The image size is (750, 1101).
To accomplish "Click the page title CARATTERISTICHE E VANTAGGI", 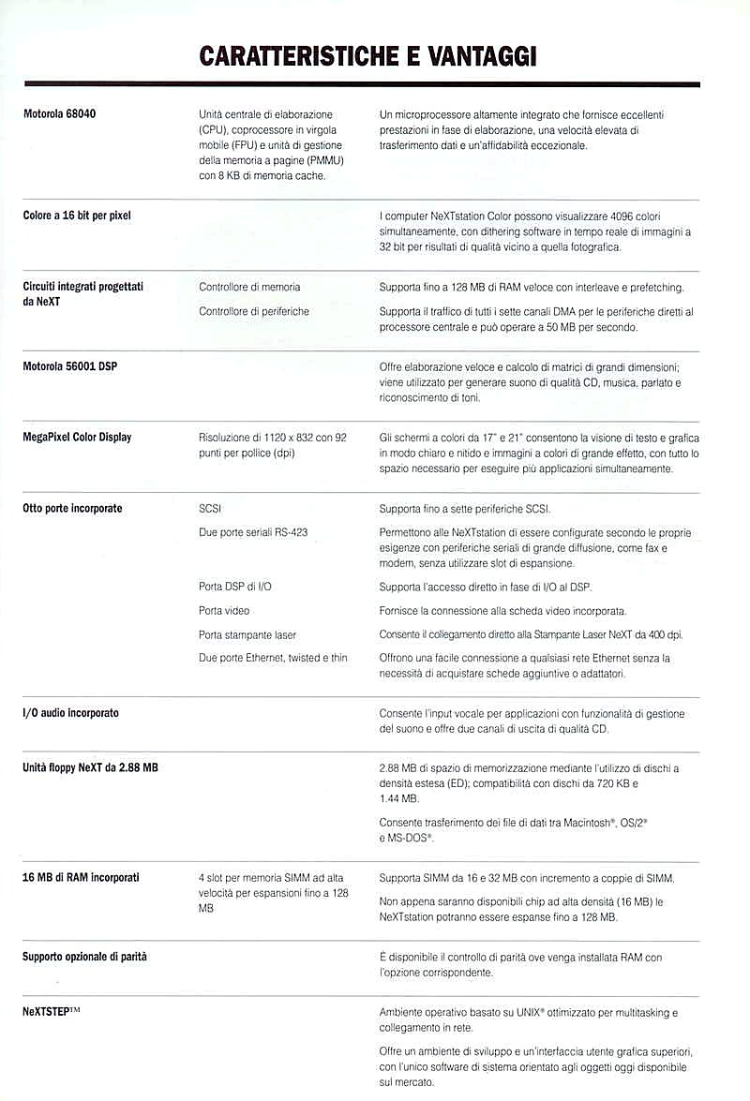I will pos(367,56).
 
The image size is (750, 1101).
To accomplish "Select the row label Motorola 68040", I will pos(60,114).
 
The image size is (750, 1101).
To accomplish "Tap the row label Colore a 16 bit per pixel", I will pos(77,216).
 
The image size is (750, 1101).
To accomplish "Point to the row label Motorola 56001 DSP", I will pos(70,366).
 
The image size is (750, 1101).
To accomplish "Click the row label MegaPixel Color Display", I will pos(77,438).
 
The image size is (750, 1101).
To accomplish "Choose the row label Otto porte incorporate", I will pos(72,509).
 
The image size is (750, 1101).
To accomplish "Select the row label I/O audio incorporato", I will pos(70,713).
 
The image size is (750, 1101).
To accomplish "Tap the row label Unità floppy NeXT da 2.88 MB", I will pos(90,767).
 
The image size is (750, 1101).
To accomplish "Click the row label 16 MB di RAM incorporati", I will pos(81,878).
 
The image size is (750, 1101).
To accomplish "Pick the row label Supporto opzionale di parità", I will pos(84,957).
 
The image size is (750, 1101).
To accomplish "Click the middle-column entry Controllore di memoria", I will pos(249,287).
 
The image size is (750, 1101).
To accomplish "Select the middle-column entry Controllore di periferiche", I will pos(253,310).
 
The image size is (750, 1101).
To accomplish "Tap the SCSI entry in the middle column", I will pos(211,509).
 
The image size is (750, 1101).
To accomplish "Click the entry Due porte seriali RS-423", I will pos(253,532).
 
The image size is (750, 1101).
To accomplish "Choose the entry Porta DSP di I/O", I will pos(235,586).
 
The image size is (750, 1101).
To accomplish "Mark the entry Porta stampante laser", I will pos(247,634).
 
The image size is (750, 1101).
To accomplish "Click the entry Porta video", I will pos(224,610).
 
